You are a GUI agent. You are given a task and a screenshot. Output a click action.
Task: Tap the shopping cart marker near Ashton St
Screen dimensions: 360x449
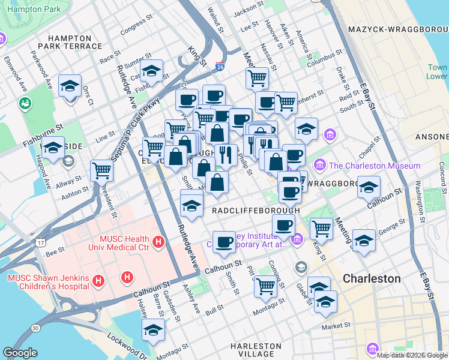click(x=101, y=171)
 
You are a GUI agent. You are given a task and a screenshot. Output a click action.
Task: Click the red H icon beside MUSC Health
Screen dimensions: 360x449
click(x=158, y=242)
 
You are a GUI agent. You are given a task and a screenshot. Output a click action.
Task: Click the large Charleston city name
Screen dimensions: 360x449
click(x=372, y=279)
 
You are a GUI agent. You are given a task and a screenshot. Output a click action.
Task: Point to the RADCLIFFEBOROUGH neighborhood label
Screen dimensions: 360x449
click(x=256, y=211)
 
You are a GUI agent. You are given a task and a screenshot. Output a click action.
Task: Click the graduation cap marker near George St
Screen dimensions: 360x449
click(x=364, y=241)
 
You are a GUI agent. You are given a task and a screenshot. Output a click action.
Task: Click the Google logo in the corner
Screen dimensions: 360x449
click(x=20, y=353)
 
